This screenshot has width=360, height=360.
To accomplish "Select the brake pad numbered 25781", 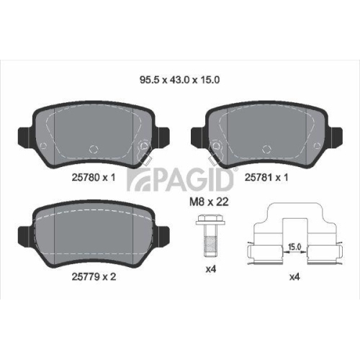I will click(267, 133).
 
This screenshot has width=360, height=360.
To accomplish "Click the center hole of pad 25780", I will click(92, 150).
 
